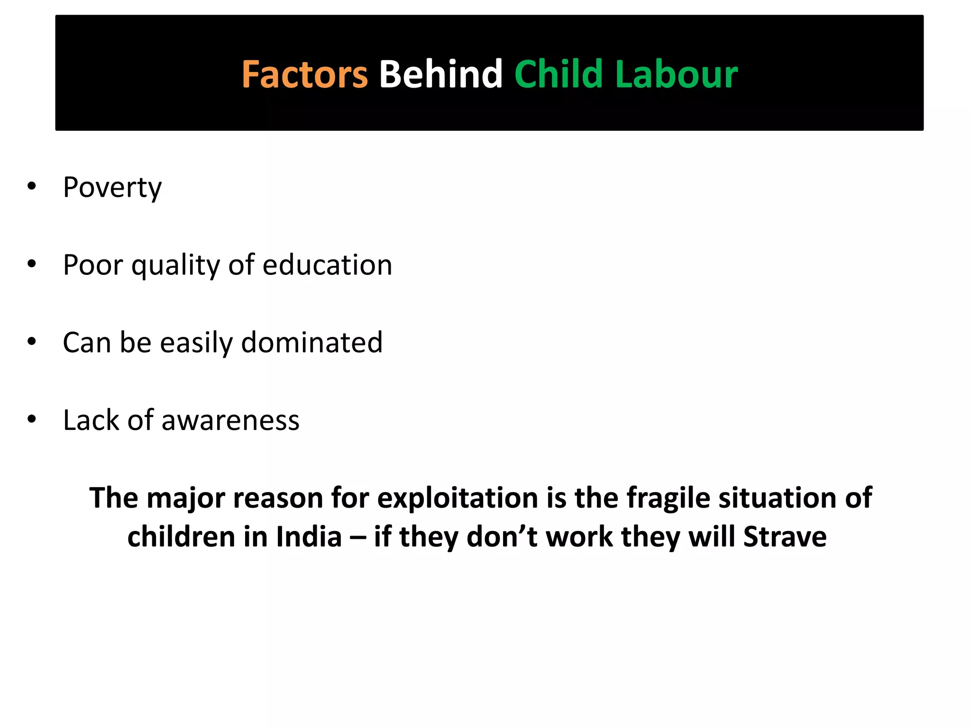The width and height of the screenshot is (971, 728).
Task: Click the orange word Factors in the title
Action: (x=304, y=74)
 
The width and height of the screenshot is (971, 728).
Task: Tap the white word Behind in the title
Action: (x=440, y=74)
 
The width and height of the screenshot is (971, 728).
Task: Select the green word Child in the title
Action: (x=559, y=74)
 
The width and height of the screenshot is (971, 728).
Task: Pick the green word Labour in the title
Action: (x=677, y=74)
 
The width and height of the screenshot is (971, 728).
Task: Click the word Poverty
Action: (x=112, y=188)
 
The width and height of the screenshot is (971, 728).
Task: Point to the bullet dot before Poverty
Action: (x=32, y=186)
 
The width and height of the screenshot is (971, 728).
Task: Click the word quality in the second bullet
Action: (x=175, y=265)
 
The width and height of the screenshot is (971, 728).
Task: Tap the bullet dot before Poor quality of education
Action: (x=32, y=264)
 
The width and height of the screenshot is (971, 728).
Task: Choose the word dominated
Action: (x=311, y=342)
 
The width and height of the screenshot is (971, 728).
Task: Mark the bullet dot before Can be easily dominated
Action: (x=32, y=341)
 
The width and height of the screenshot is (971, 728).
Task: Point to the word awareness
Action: (x=230, y=420)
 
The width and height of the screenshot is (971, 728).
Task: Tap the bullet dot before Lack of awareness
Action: (x=32, y=419)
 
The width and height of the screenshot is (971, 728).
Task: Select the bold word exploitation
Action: (x=458, y=498)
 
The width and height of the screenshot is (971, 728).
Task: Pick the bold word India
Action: (x=309, y=537)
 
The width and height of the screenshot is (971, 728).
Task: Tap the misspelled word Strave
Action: (x=785, y=537)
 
